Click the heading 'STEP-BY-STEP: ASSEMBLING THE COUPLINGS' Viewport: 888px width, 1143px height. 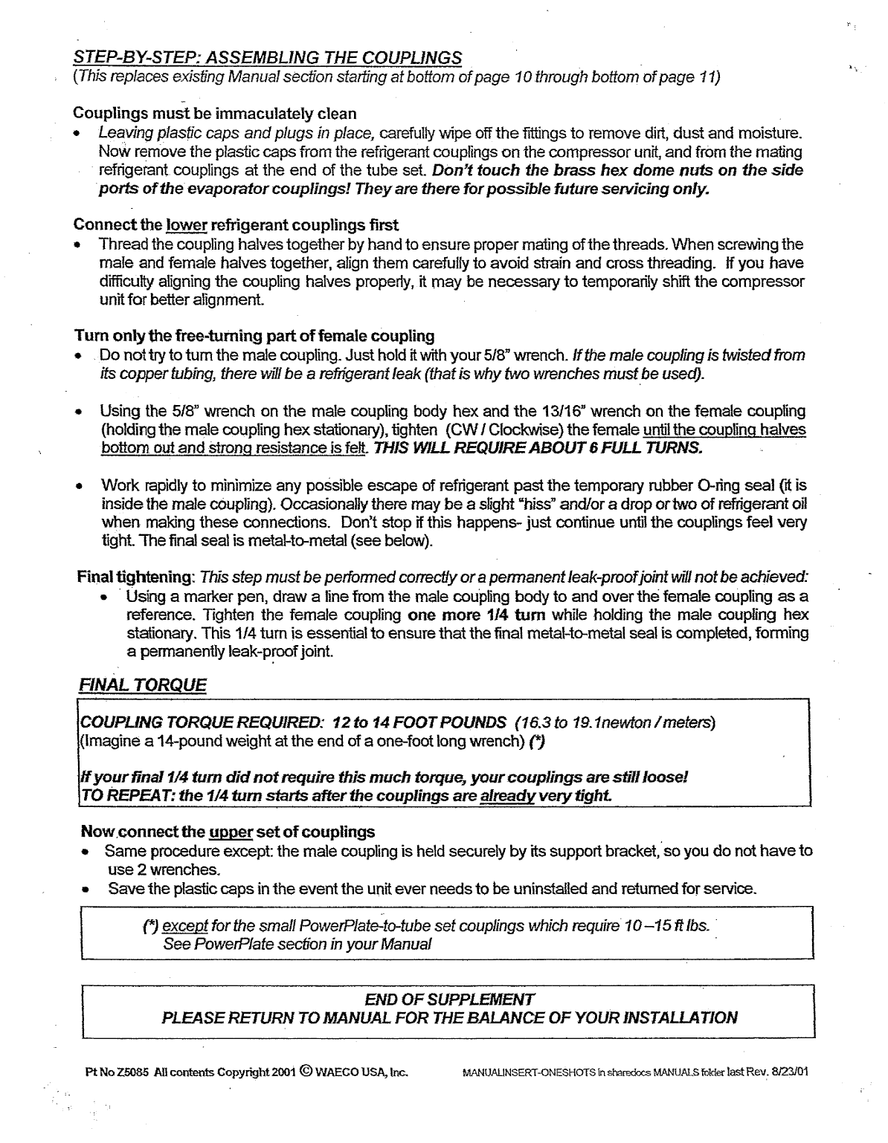click(x=268, y=57)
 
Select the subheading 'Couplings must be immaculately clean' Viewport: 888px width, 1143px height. click(x=215, y=114)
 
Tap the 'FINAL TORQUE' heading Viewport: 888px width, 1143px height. click(x=142, y=684)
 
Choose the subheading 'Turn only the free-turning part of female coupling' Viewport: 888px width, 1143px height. click(x=254, y=335)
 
